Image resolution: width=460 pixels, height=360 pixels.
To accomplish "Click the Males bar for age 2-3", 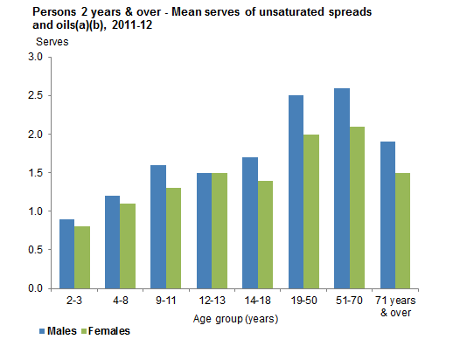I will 66,253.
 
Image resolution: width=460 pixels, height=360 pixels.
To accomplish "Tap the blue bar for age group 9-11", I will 157,226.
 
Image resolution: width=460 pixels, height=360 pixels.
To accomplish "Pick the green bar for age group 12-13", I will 219,230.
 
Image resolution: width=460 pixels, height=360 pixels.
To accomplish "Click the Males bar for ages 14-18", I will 249,223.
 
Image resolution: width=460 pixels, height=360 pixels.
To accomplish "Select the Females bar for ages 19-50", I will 310,211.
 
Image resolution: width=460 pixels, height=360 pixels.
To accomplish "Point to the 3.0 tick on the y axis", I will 35,58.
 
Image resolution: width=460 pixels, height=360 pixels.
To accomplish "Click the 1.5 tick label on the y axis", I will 35,173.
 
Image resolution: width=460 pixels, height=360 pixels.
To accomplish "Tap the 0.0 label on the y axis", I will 35,288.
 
